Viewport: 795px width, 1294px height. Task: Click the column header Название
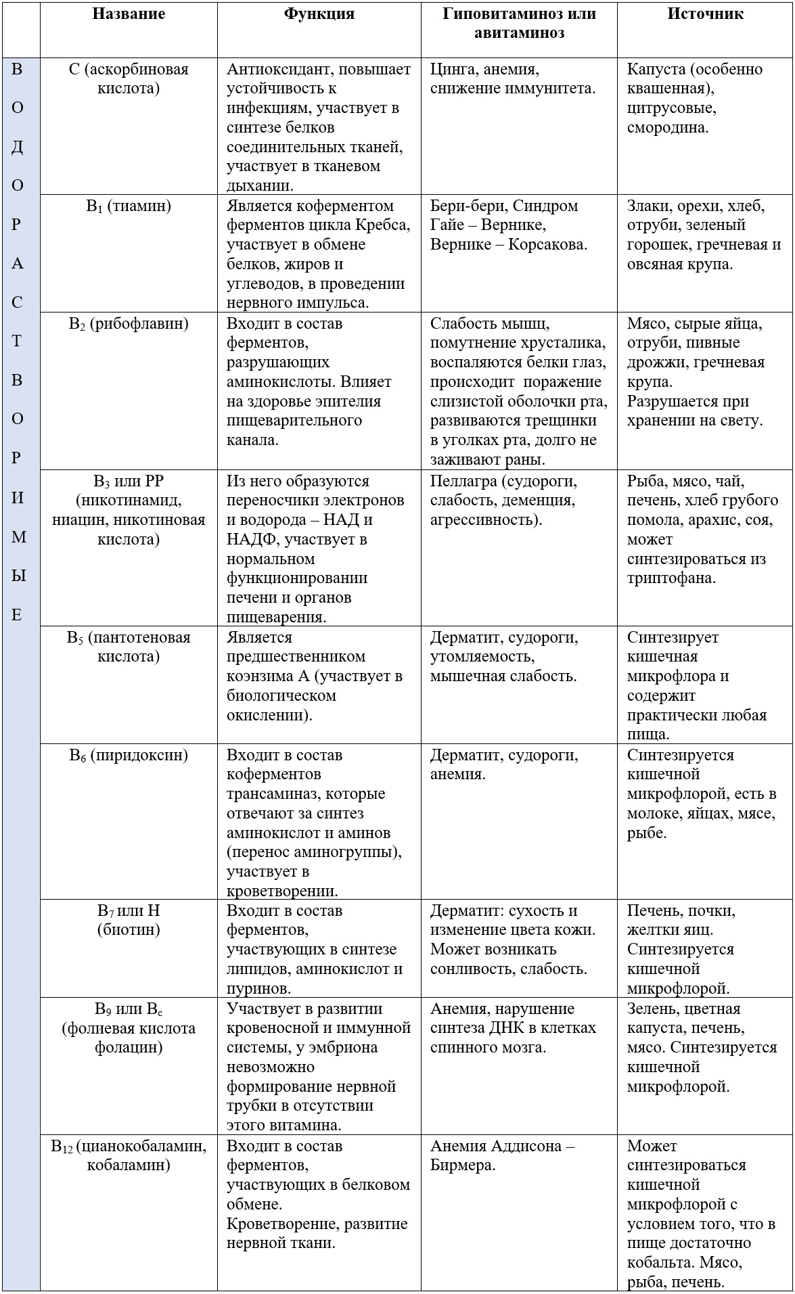pos(129,14)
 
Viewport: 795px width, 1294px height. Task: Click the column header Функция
pos(319,14)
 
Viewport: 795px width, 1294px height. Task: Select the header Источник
pos(705,14)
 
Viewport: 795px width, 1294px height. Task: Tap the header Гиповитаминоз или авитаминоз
pos(519,23)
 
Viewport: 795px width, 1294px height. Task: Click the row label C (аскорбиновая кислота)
pos(129,78)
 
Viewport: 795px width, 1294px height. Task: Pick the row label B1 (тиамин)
pos(129,206)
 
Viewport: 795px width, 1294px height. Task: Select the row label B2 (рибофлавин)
pos(129,324)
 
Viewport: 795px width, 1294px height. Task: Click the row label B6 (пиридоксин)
pos(129,755)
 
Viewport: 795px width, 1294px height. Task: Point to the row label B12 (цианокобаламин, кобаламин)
pos(129,1155)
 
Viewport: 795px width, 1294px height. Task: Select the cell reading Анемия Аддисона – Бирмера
pos(503,1155)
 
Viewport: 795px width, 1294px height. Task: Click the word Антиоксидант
pos(280,70)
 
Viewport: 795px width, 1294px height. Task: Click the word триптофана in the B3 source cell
pos(671,578)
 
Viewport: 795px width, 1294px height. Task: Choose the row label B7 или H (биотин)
pos(129,920)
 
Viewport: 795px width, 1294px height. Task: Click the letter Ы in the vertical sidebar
pos(18,576)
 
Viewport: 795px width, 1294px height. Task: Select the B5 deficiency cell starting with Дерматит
pos(504,656)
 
